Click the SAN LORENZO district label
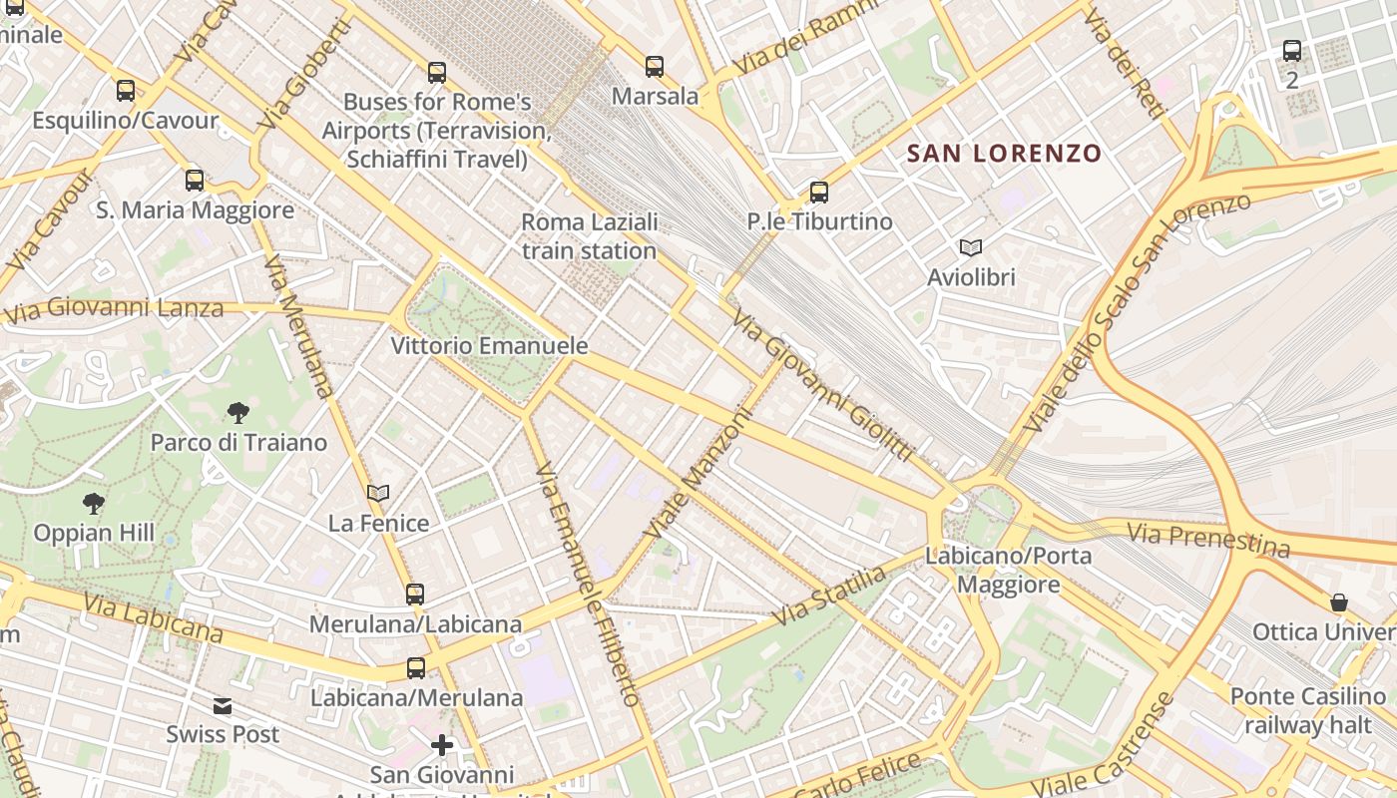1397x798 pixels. pos(1004,154)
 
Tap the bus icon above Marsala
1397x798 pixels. pos(655,67)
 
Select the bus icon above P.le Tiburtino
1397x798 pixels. pos(819,193)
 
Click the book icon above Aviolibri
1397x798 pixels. pos(970,247)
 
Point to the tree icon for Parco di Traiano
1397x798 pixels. pos(237,412)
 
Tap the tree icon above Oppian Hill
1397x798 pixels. pos(94,503)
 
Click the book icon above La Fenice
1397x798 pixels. pos(378,493)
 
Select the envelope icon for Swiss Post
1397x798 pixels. pos(223,706)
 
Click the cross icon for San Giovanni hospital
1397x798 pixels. pos(442,745)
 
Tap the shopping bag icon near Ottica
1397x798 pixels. pos(1339,602)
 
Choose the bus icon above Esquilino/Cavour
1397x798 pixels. pos(126,91)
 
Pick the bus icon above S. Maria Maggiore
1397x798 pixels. pos(195,181)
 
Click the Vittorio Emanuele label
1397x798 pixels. pos(489,346)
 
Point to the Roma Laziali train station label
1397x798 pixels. pos(590,236)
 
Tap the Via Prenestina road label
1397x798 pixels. pos(1208,540)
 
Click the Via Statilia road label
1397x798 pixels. pos(829,597)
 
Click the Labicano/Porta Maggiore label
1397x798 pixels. pos(1009,570)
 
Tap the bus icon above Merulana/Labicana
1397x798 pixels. pos(415,595)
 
